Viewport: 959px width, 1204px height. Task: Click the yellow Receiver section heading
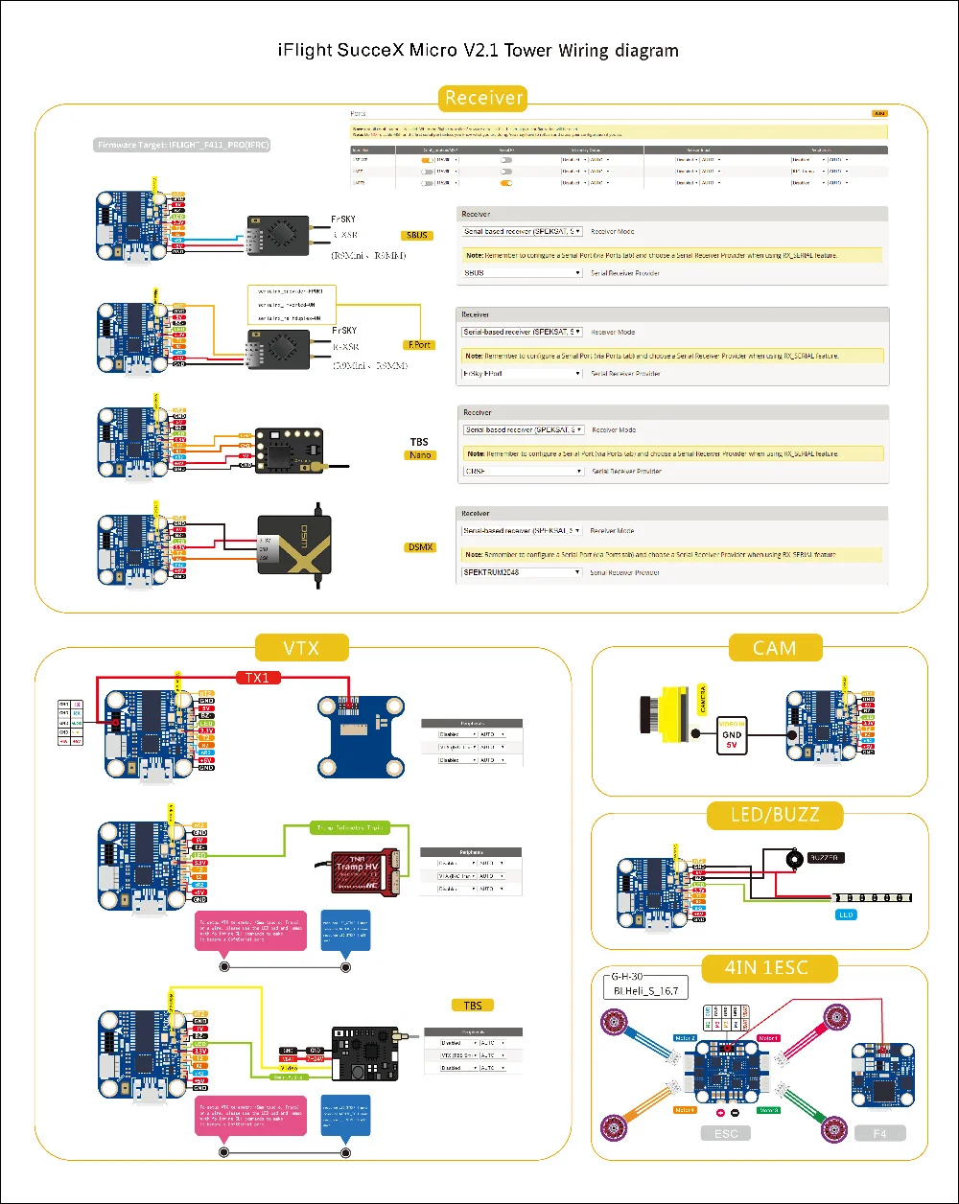(x=484, y=97)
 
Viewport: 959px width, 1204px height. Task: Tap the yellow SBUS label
(x=419, y=235)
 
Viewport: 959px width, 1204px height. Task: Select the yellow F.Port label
(x=420, y=344)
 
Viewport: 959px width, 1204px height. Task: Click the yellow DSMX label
(x=420, y=547)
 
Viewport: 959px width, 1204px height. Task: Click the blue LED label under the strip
(x=844, y=915)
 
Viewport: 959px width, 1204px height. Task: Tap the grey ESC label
(x=734, y=1133)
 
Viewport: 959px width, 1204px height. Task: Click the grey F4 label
(x=879, y=1133)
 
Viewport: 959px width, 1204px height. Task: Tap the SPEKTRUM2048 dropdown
(x=523, y=572)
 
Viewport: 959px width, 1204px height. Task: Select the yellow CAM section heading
(x=775, y=648)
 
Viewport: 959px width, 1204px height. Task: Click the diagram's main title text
(x=479, y=51)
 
